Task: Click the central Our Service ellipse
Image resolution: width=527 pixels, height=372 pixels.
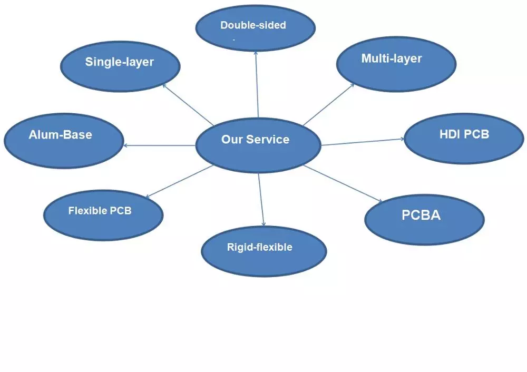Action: [258, 145]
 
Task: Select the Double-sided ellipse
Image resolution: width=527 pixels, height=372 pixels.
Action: [256, 27]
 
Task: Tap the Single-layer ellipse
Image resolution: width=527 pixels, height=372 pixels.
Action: [120, 66]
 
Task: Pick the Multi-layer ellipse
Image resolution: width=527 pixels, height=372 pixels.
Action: [396, 64]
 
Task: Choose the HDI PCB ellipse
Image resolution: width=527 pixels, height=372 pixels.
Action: [464, 139]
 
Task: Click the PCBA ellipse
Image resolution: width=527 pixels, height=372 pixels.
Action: [424, 220]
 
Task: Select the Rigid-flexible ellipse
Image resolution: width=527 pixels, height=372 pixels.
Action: [264, 251]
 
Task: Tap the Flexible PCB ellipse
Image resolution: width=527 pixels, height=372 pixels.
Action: [103, 215]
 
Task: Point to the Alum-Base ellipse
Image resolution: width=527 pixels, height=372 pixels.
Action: [64, 141]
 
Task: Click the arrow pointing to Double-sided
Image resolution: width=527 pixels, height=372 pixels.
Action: [257, 84]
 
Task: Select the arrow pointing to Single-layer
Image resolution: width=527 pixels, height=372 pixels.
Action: [188, 104]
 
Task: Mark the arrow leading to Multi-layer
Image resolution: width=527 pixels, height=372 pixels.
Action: [328, 104]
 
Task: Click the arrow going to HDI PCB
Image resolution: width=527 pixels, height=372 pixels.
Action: [363, 142]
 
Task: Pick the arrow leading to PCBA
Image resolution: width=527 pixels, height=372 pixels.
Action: [343, 183]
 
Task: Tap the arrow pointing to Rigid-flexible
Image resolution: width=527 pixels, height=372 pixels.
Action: [261, 200]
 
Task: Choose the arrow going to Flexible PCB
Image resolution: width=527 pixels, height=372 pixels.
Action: [179, 181]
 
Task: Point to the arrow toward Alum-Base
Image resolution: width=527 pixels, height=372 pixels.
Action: [159, 145]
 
